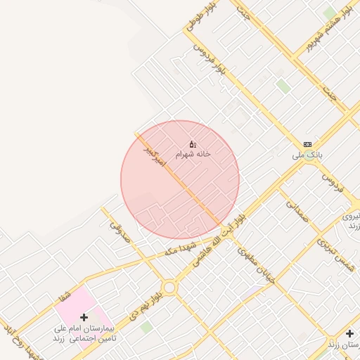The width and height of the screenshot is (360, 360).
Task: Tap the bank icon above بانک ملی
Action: (307, 143)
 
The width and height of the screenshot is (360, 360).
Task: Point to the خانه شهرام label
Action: (193, 153)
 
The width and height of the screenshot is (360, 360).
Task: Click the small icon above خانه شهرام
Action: (193, 143)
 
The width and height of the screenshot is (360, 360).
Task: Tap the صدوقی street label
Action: (120, 230)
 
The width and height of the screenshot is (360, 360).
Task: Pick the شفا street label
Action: (65, 295)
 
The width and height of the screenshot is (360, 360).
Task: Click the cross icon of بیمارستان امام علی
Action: (84, 318)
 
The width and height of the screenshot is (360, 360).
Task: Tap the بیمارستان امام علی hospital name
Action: (84, 333)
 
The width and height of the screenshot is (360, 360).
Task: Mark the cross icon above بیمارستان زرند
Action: (350, 333)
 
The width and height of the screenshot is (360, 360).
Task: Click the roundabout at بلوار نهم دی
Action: (169, 288)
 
